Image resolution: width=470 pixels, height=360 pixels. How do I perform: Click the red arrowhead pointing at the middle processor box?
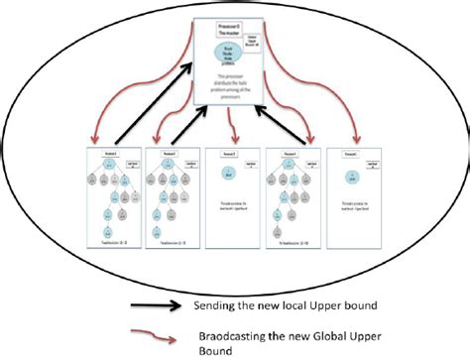pos(230,142)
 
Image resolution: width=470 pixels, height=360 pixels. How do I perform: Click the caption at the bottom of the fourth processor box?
pos(292,239)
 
